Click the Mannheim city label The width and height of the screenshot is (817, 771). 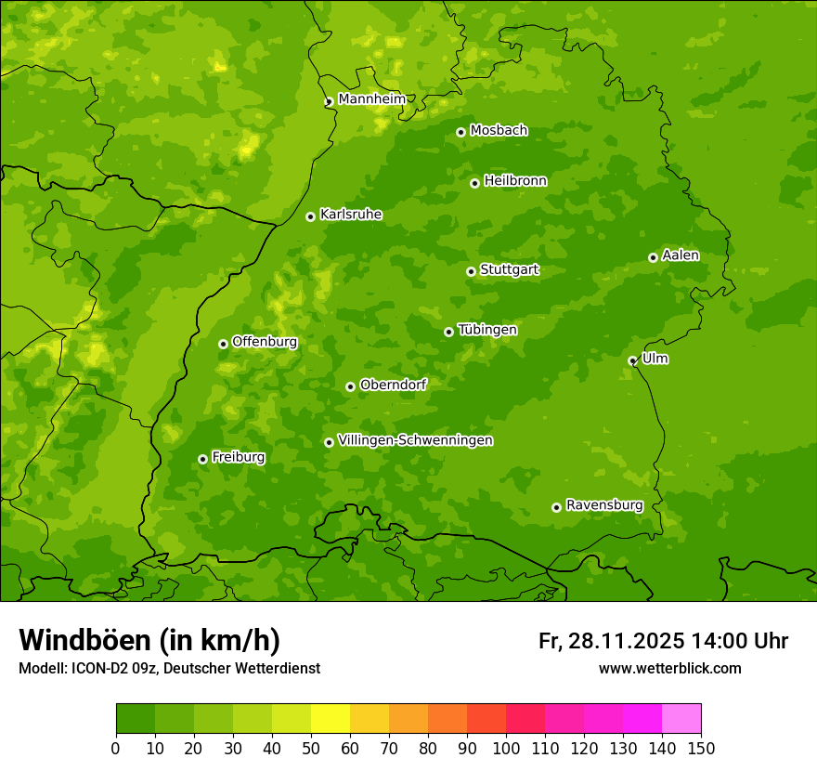(x=371, y=99)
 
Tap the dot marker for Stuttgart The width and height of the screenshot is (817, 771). (x=471, y=271)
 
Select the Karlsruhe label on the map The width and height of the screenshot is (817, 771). (x=351, y=215)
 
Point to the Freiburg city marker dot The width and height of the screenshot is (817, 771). (x=202, y=459)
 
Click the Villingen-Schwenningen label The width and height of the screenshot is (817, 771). (x=416, y=440)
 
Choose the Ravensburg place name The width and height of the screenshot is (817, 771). (x=604, y=505)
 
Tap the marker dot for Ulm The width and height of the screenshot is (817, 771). (x=632, y=360)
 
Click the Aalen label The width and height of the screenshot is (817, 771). (x=681, y=255)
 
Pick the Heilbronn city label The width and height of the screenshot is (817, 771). (x=515, y=181)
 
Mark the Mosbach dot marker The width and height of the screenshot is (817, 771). (x=460, y=132)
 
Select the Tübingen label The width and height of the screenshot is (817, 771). (x=487, y=330)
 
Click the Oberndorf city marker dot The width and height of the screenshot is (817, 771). (x=350, y=386)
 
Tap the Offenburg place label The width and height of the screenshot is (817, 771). (x=265, y=342)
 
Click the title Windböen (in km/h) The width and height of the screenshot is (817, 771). (x=149, y=640)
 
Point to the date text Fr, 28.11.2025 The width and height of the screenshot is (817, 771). (x=611, y=641)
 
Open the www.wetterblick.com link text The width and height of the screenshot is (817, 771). (x=669, y=668)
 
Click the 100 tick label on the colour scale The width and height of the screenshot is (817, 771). (x=506, y=748)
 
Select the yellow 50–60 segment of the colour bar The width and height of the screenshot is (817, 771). (x=331, y=719)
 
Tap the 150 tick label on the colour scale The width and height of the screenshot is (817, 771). (x=701, y=748)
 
